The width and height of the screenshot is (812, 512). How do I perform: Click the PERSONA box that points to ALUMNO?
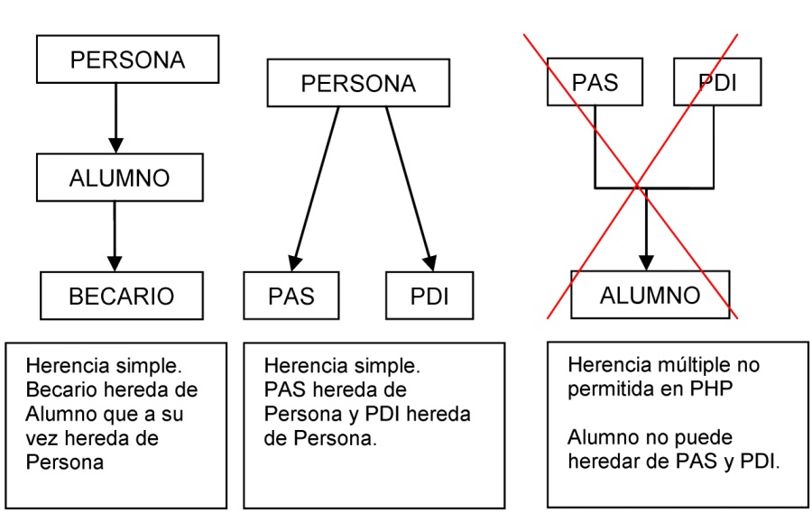coord(127,60)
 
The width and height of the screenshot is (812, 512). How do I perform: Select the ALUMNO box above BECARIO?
coord(117,178)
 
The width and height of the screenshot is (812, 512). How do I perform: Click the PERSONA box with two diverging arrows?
coord(358,84)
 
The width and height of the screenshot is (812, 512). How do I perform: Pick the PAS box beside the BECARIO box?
coord(291,295)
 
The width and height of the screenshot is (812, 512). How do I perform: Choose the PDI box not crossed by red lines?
coord(429,295)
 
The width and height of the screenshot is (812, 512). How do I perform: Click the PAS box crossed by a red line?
coord(595,84)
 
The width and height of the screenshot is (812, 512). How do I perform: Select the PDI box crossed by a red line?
coord(718,84)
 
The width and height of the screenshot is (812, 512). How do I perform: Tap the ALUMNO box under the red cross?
coord(651,295)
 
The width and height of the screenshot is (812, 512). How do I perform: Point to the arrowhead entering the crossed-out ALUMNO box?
coord(645,261)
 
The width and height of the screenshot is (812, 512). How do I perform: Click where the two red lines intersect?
coord(639,186)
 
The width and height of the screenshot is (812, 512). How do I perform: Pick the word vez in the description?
coord(42,438)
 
